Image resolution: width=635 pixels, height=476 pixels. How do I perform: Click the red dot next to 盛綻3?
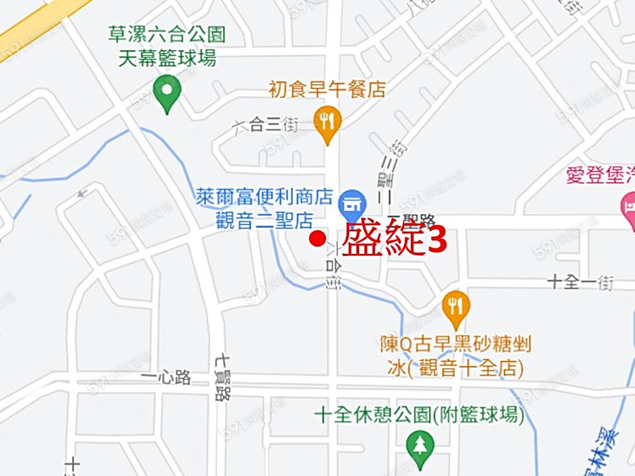coord(318,238)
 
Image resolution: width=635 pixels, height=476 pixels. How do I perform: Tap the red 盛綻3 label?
coord(394,240)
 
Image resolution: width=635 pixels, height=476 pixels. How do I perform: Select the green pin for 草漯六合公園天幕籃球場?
coord(167,94)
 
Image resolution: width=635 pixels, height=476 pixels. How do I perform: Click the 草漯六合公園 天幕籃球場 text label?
coord(167,45)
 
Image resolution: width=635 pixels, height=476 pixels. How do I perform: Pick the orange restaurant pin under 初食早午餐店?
coord(326,122)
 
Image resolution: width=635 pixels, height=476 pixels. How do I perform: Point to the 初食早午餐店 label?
coord(327,90)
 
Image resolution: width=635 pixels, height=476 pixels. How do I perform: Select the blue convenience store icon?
coord(351,205)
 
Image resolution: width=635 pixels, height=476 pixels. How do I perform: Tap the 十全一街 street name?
coord(581,283)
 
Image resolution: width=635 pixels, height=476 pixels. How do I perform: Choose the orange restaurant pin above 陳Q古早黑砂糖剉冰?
coord(456,307)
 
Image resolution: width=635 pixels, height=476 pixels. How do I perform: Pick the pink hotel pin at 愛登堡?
coord(627,207)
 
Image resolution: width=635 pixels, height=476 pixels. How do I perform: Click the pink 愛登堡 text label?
coord(600,175)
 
